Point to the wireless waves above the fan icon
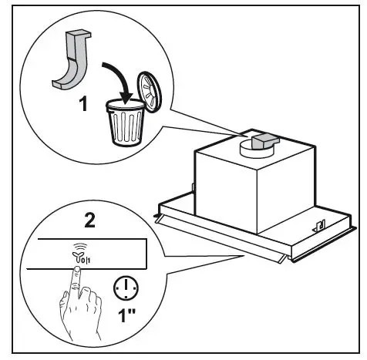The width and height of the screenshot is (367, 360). [x=76, y=244]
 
